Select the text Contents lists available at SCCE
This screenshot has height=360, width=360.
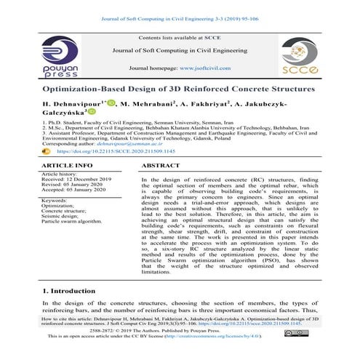(180, 36)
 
